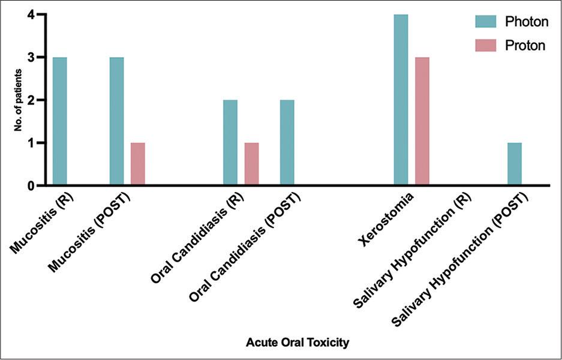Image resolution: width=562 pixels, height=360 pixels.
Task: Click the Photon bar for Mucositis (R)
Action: click(x=59, y=121)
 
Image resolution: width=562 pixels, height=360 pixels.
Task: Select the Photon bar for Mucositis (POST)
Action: click(x=116, y=121)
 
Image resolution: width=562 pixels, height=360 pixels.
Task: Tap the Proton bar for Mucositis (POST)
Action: click(x=138, y=164)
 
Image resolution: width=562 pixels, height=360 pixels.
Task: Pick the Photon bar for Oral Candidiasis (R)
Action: click(x=230, y=143)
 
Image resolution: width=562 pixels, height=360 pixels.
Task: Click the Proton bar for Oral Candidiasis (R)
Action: click(x=251, y=164)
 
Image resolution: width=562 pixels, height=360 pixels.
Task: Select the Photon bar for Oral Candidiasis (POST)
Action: click(x=287, y=143)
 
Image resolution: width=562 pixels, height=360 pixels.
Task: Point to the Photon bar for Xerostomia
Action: click(x=401, y=100)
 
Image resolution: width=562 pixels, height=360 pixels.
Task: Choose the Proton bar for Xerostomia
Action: click(x=422, y=121)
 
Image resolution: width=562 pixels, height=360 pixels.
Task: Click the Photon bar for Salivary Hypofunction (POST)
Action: click(x=515, y=164)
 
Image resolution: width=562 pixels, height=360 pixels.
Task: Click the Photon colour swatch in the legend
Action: click(x=486, y=22)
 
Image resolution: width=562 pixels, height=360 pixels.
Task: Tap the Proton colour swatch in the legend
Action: click(x=486, y=46)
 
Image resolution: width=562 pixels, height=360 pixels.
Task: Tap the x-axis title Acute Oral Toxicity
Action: click(x=297, y=343)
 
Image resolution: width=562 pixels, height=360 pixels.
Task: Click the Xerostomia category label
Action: click(x=384, y=218)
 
